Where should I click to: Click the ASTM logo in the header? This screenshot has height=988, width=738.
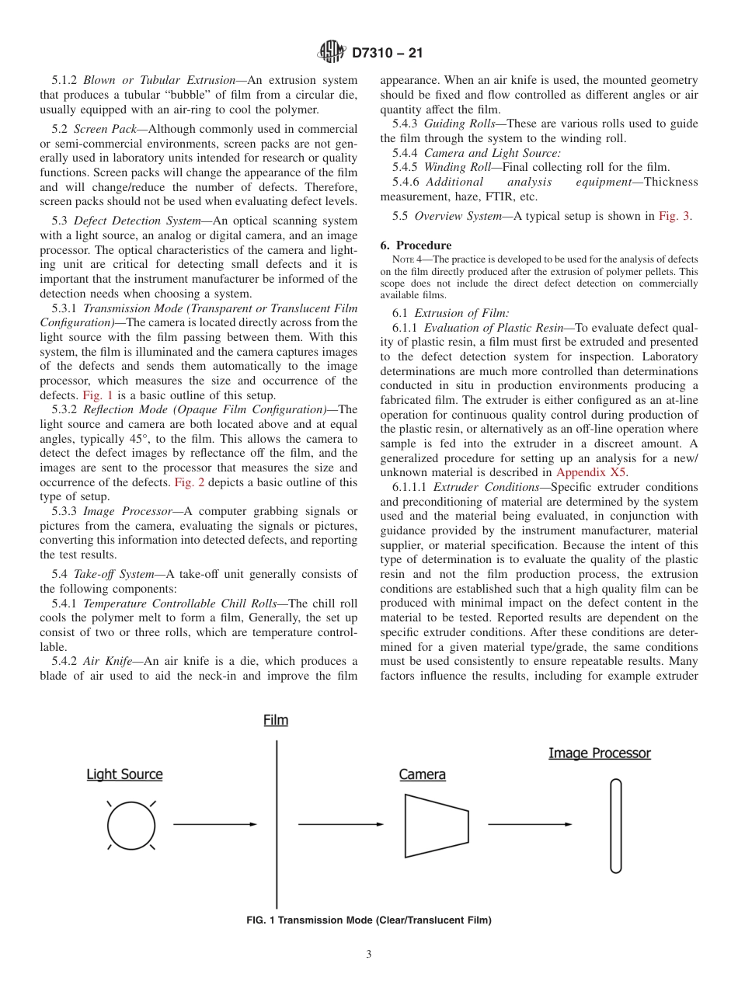click(332, 53)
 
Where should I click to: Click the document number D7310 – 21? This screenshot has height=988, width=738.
click(387, 54)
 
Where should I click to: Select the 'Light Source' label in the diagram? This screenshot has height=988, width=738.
click(124, 774)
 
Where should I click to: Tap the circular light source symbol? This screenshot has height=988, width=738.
click(131, 825)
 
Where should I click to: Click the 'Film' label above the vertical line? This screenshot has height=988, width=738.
click(276, 720)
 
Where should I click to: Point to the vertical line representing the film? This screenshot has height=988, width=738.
click(277, 823)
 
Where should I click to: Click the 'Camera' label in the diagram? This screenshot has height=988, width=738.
click(423, 774)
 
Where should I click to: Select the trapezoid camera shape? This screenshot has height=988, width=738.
click(437, 826)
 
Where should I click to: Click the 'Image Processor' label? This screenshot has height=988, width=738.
click(600, 753)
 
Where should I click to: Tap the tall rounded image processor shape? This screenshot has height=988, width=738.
click(616, 826)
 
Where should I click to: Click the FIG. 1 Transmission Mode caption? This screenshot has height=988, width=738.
click(369, 920)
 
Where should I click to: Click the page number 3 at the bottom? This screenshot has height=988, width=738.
click(369, 955)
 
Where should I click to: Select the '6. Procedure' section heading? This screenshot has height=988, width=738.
click(416, 245)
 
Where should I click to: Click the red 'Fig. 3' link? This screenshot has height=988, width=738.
click(674, 216)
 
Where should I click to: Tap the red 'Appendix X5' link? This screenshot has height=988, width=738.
click(593, 471)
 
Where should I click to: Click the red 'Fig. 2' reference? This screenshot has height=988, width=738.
click(190, 482)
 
